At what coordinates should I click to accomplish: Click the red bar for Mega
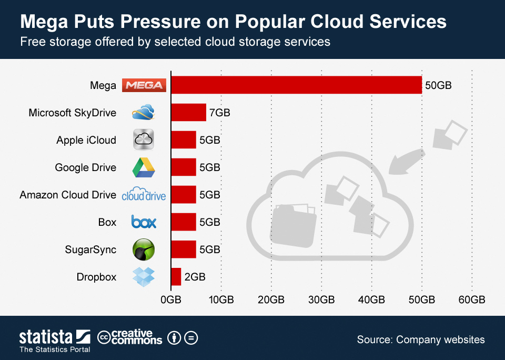296,85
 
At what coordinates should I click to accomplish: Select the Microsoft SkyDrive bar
188,112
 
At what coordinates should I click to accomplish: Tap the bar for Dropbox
176,277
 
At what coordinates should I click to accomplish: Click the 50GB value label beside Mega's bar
438,85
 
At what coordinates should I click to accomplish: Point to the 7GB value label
219,113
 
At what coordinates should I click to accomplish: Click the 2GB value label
194,277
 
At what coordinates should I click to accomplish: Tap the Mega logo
144,85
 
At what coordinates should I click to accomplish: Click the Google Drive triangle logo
144,167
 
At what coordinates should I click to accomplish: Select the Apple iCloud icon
144,140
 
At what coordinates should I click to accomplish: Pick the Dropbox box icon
144,276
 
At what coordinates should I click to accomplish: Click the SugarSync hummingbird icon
144,249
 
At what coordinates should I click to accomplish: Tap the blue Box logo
144,222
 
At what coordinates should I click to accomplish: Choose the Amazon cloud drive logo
144,194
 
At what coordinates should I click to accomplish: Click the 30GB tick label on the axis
321,300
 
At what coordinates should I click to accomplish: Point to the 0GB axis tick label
171,300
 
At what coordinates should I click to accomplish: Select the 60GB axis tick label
471,300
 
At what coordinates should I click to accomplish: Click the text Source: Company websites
421,339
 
